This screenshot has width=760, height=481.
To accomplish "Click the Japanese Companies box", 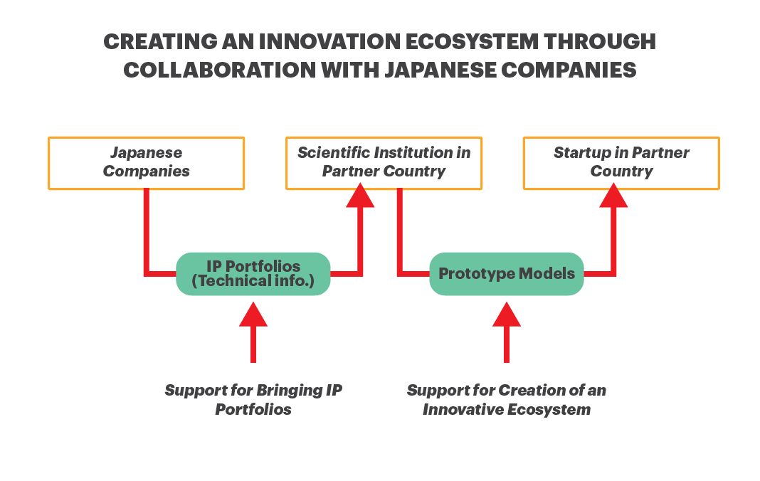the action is point(146,163).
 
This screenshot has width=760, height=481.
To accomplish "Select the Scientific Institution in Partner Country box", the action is point(384,163).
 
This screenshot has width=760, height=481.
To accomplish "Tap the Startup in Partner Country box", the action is point(621,163).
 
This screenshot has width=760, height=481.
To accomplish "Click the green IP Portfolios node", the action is point(253,273).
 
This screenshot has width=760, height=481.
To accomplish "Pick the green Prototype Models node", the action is point(507,273).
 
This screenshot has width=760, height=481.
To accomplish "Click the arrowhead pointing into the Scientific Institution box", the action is point(360,196).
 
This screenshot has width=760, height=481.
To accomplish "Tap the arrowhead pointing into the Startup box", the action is point(613,196).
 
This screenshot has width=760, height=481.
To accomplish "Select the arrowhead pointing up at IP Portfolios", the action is point(253,314).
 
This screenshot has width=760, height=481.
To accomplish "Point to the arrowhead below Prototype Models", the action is point(507,314).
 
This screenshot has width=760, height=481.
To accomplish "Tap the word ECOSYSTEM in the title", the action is point(472,42).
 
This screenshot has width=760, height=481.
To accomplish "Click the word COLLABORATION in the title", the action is point(220,70).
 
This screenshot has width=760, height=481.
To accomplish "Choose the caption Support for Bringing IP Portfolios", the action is point(253,400).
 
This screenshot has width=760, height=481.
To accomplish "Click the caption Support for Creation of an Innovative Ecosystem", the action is point(507,400).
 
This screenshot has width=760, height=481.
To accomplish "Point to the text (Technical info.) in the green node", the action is point(253,281).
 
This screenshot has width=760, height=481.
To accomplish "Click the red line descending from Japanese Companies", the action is point(147,232).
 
